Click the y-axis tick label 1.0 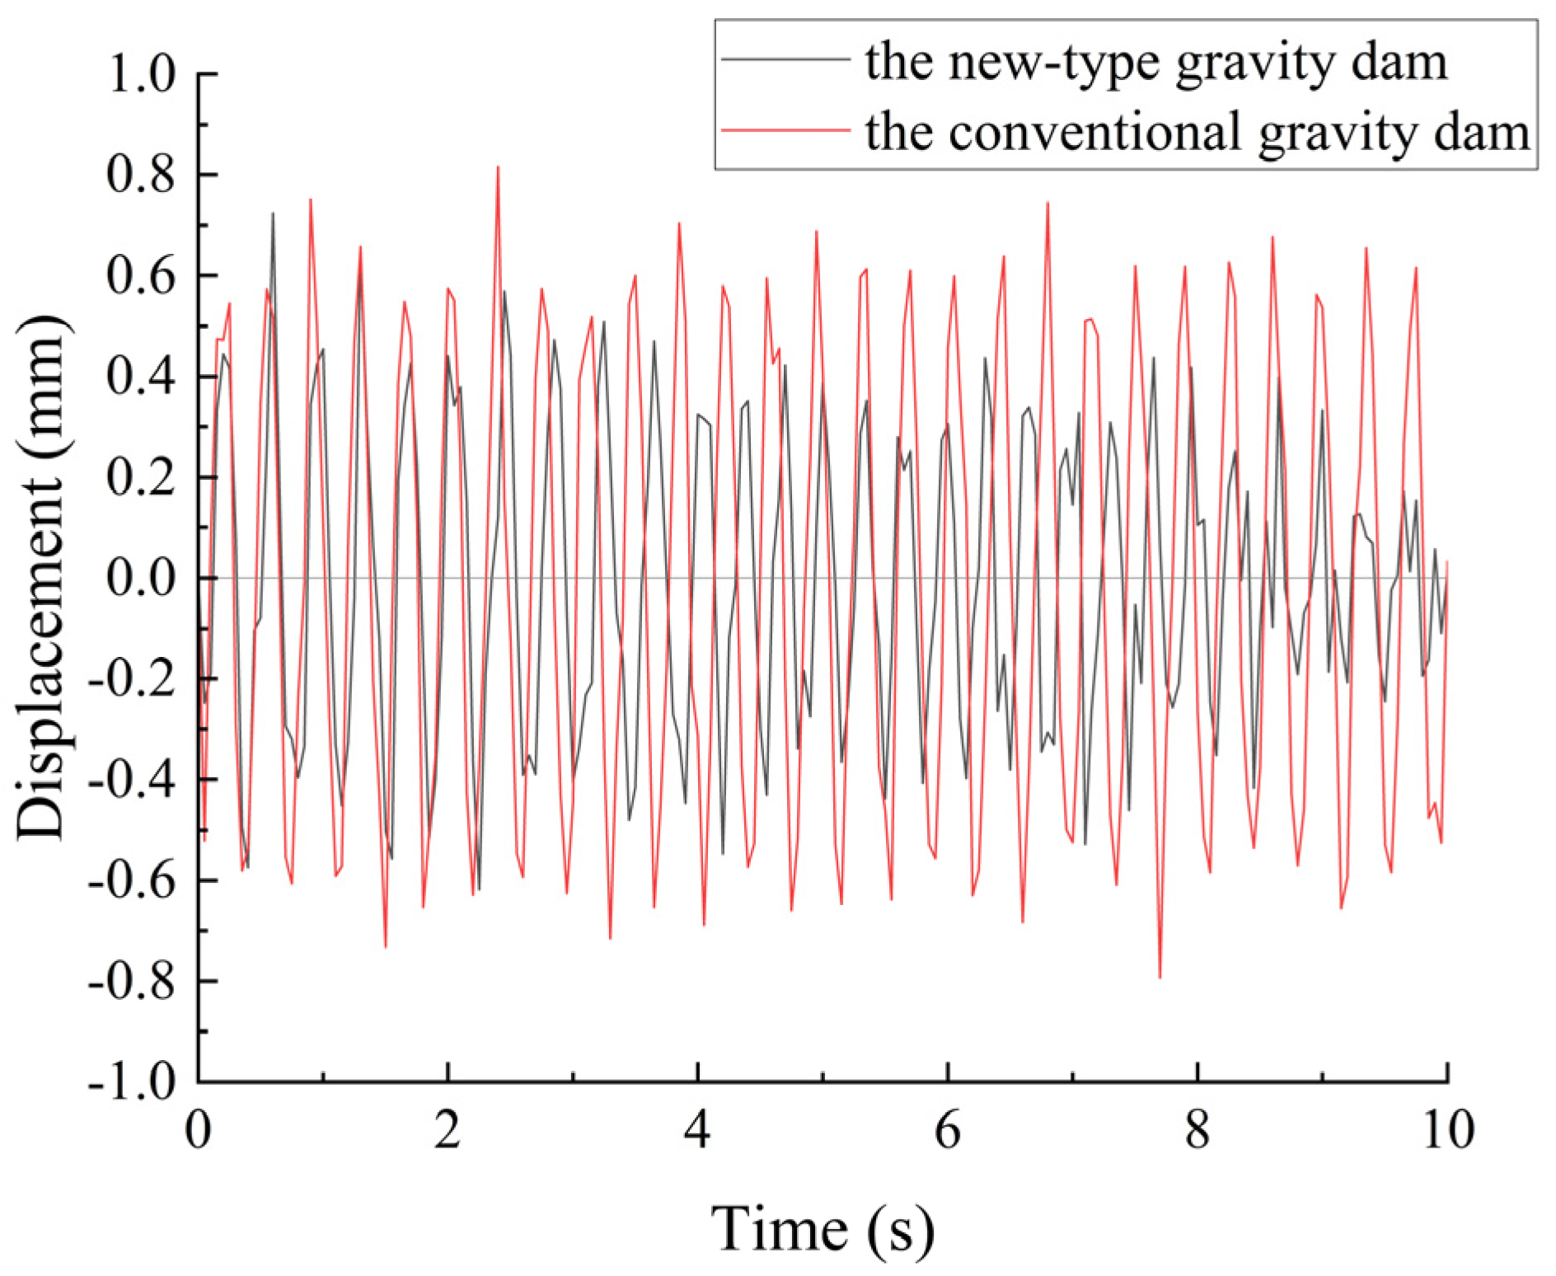tap(141, 75)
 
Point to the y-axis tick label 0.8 tap(141, 176)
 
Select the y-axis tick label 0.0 tap(141, 578)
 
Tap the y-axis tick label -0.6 tap(132, 880)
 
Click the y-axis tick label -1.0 tap(132, 1081)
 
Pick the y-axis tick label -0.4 tap(132, 780)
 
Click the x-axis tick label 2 tap(448, 1130)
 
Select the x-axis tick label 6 tap(948, 1130)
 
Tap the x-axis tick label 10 tap(1447, 1130)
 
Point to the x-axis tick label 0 tap(198, 1130)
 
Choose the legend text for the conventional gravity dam tap(1197, 132)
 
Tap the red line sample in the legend tap(785, 130)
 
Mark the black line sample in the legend tap(785, 59)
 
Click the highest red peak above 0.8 tap(498, 168)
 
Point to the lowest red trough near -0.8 tap(1160, 976)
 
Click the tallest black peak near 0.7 tap(273, 214)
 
